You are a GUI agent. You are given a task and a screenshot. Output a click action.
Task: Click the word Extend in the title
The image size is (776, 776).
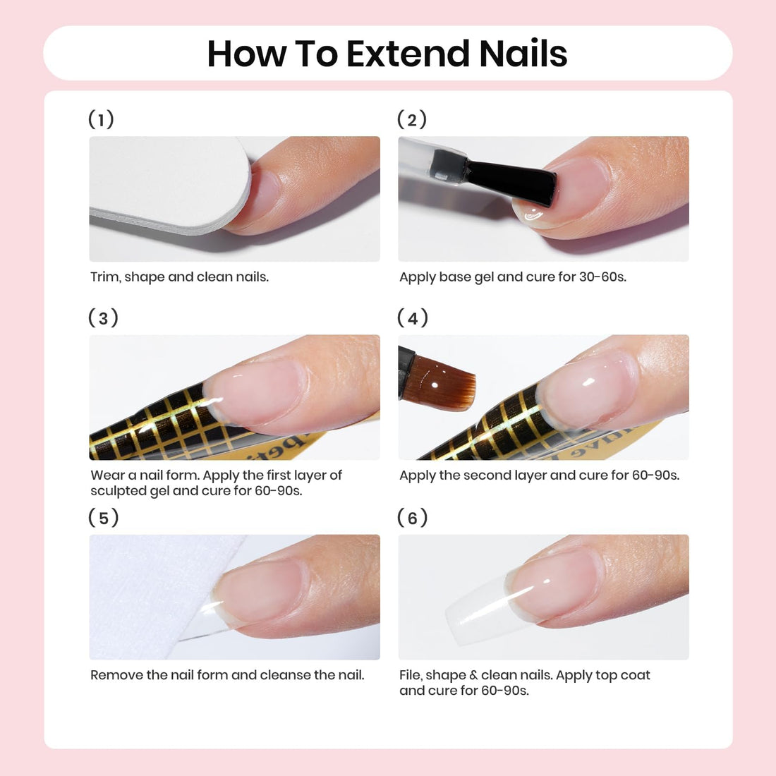[408, 54]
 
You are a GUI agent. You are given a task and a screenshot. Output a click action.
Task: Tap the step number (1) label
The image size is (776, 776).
[101, 119]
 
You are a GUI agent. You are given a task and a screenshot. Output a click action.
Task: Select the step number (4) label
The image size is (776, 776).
[413, 317]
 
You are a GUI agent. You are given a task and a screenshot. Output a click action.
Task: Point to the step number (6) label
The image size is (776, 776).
[413, 518]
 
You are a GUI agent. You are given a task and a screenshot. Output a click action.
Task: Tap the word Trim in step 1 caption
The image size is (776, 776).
[104, 277]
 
